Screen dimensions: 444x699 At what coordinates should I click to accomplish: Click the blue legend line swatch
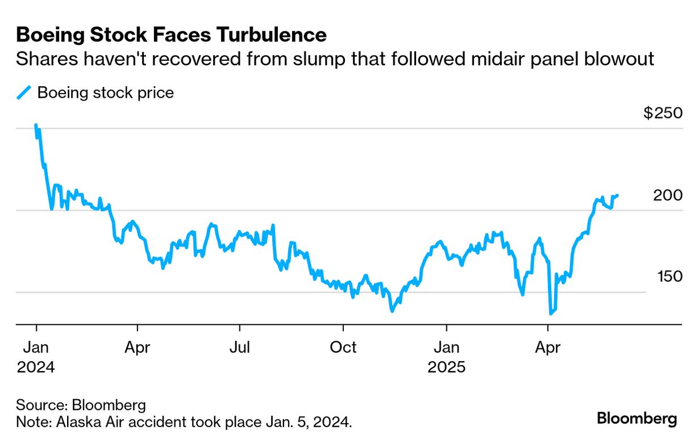click(x=23, y=93)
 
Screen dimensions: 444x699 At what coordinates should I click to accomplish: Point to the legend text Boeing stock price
click(x=105, y=93)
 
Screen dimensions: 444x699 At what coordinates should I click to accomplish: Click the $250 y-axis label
click(x=663, y=113)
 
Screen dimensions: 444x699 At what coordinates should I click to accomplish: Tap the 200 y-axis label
click(x=667, y=195)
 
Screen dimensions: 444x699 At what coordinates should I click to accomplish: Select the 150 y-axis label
click(x=667, y=277)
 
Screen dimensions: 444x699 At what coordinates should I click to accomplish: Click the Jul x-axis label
click(x=239, y=347)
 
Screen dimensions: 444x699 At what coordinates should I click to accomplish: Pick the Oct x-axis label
click(x=343, y=347)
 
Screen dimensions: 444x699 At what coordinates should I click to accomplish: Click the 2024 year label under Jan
click(x=36, y=367)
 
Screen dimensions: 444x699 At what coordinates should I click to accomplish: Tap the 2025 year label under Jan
click(x=447, y=367)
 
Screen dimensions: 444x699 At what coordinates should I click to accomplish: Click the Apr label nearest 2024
click(x=137, y=347)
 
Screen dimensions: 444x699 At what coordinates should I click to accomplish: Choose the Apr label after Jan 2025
click(x=548, y=347)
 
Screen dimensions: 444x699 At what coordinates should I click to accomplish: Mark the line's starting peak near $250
click(x=36, y=125)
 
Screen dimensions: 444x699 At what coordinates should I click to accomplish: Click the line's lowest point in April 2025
click(x=550, y=313)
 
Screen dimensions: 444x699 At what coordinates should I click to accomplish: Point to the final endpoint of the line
click(x=617, y=195)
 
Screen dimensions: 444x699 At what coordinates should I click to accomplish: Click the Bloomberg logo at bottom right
click(x=636, y=419)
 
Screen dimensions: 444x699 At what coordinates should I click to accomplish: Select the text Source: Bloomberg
click(x=81, y=405)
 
